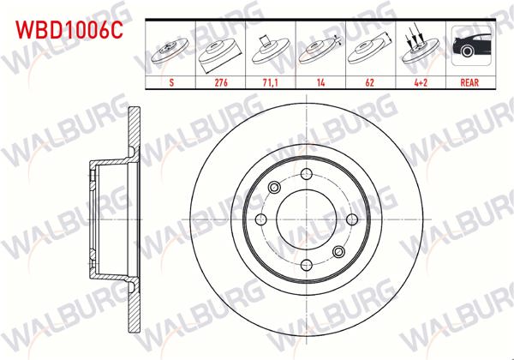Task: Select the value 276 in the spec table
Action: pos(220,84)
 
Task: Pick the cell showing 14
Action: pos(320,84)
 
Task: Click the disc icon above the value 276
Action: pos(220,50)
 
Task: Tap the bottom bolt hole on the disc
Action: pos(306,265)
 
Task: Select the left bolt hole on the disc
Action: pos(260,219)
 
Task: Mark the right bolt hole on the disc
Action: pos(351,219)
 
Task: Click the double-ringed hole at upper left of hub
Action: pos(274,188)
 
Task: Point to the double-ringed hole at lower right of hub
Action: pos(338,251)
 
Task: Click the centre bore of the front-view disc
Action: pos(306,219)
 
